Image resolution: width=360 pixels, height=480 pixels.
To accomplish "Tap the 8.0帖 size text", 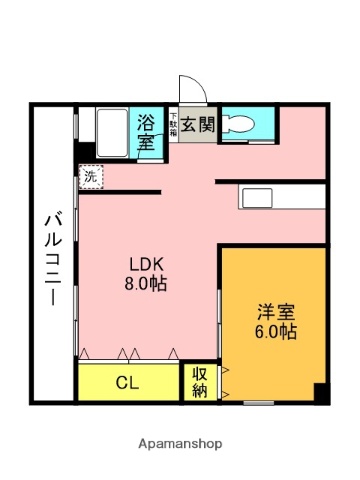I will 146,283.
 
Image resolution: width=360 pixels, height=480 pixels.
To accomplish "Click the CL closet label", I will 127,381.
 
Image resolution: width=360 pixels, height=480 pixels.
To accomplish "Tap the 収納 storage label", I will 199,382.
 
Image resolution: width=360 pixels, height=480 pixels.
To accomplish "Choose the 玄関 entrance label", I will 199,125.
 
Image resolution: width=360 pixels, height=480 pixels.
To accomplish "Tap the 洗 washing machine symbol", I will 91,177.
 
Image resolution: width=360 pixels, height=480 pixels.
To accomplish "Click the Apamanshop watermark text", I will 180,443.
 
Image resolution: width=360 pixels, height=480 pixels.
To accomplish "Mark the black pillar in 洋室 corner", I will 320,392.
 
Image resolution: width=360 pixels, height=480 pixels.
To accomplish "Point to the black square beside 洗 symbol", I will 79,155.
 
